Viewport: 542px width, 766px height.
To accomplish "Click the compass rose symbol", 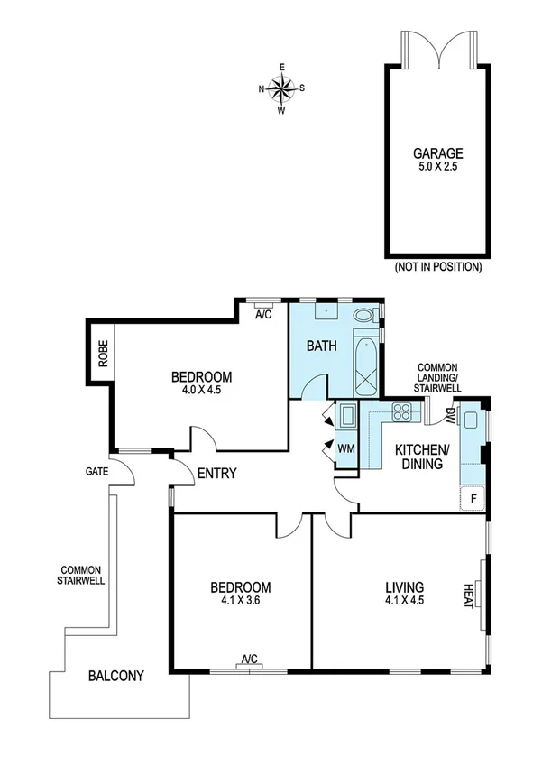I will pos(281,88).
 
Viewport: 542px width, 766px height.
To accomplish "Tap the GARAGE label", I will pos(438,153).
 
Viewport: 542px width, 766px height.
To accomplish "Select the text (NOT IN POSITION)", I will pos(437,268).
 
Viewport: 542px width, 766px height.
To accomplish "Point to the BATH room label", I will pos(321,346).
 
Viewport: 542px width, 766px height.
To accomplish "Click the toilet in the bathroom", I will pos(364,317).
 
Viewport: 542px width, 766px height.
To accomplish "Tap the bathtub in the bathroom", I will pos(364,365).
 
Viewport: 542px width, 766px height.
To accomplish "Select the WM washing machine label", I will pos(345,448).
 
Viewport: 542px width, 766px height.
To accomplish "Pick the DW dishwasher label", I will pos(450,415).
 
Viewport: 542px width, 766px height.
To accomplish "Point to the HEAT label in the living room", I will pos(469,595).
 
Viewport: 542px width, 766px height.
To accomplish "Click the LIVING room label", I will pos(401,586).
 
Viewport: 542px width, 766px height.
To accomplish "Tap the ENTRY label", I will pos(216,473).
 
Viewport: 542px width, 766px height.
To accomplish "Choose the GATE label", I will pos(97,471).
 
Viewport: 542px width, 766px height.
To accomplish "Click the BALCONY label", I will pos(115,675).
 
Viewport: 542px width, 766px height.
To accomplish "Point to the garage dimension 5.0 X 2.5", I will pos(438,167).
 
